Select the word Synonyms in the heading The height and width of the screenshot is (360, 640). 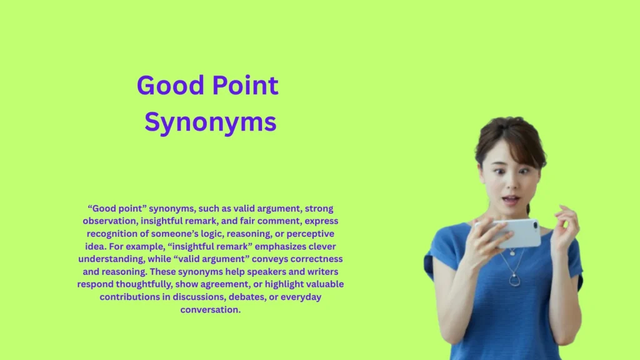click(211, 123)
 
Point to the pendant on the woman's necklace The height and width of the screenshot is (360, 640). click(514, 281)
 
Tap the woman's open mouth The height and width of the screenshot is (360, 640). click(510, 201)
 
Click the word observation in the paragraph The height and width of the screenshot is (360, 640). click(109, 221)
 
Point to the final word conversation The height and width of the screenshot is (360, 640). click(210, 309)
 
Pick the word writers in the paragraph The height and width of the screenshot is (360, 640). click(320, 272)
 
